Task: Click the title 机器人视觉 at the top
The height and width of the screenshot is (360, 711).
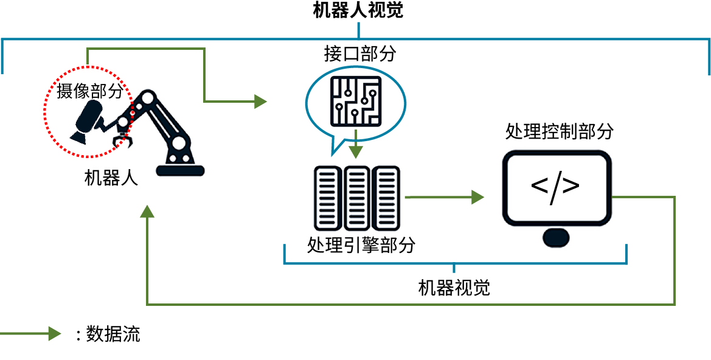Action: pyautogui.click(x=358, y=10)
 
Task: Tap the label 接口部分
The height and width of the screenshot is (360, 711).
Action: pyautogui.click(x=359, y=54)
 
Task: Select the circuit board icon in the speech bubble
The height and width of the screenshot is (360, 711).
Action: pyautogui.click(x=355, y=102)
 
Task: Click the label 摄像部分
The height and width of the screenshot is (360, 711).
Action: pyautogui.click(x=90, y=91)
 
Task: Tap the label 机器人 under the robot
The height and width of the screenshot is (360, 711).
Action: pyautogui.click(x=111, y=178)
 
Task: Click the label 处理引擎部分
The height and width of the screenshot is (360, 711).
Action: pyautogui.click(x=361, y=245)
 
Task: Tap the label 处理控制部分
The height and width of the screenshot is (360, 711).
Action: pyautogui.click(x=559, y=131)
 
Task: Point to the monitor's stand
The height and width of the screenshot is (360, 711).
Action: pyautogui.click(x=555, y=237)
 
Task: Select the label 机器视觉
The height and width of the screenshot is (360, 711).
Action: pyautogui.click(x=454, y=288)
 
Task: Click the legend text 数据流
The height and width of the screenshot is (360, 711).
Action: pyautogui.click(x=113, y=334)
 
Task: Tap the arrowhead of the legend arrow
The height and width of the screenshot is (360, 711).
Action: pyautogui.click(x=55, y=333)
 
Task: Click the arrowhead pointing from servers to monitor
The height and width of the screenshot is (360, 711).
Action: pyautogui.click(x=477, y=197)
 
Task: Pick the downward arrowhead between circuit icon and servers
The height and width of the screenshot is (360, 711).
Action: pyautogui.click(x=356, y=151)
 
